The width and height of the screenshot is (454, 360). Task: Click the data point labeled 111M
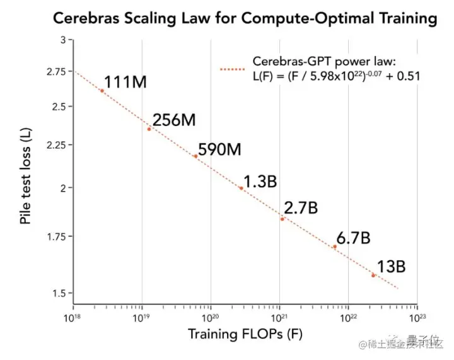(x=102, y=91)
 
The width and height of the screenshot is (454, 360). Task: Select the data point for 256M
(x=149, y=129)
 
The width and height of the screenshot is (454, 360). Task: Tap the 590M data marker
(x=195, y=156)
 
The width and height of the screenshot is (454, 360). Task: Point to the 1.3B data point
(x=241, y=188)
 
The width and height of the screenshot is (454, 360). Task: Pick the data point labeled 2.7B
(x=282, y=219)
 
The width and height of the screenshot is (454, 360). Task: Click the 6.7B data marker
(x=335, y=247)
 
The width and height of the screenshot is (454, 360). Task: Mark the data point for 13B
(x=373, y=276)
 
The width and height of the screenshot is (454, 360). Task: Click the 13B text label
(x=392, y=267)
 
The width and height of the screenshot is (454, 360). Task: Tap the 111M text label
(x=127, y=81)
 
